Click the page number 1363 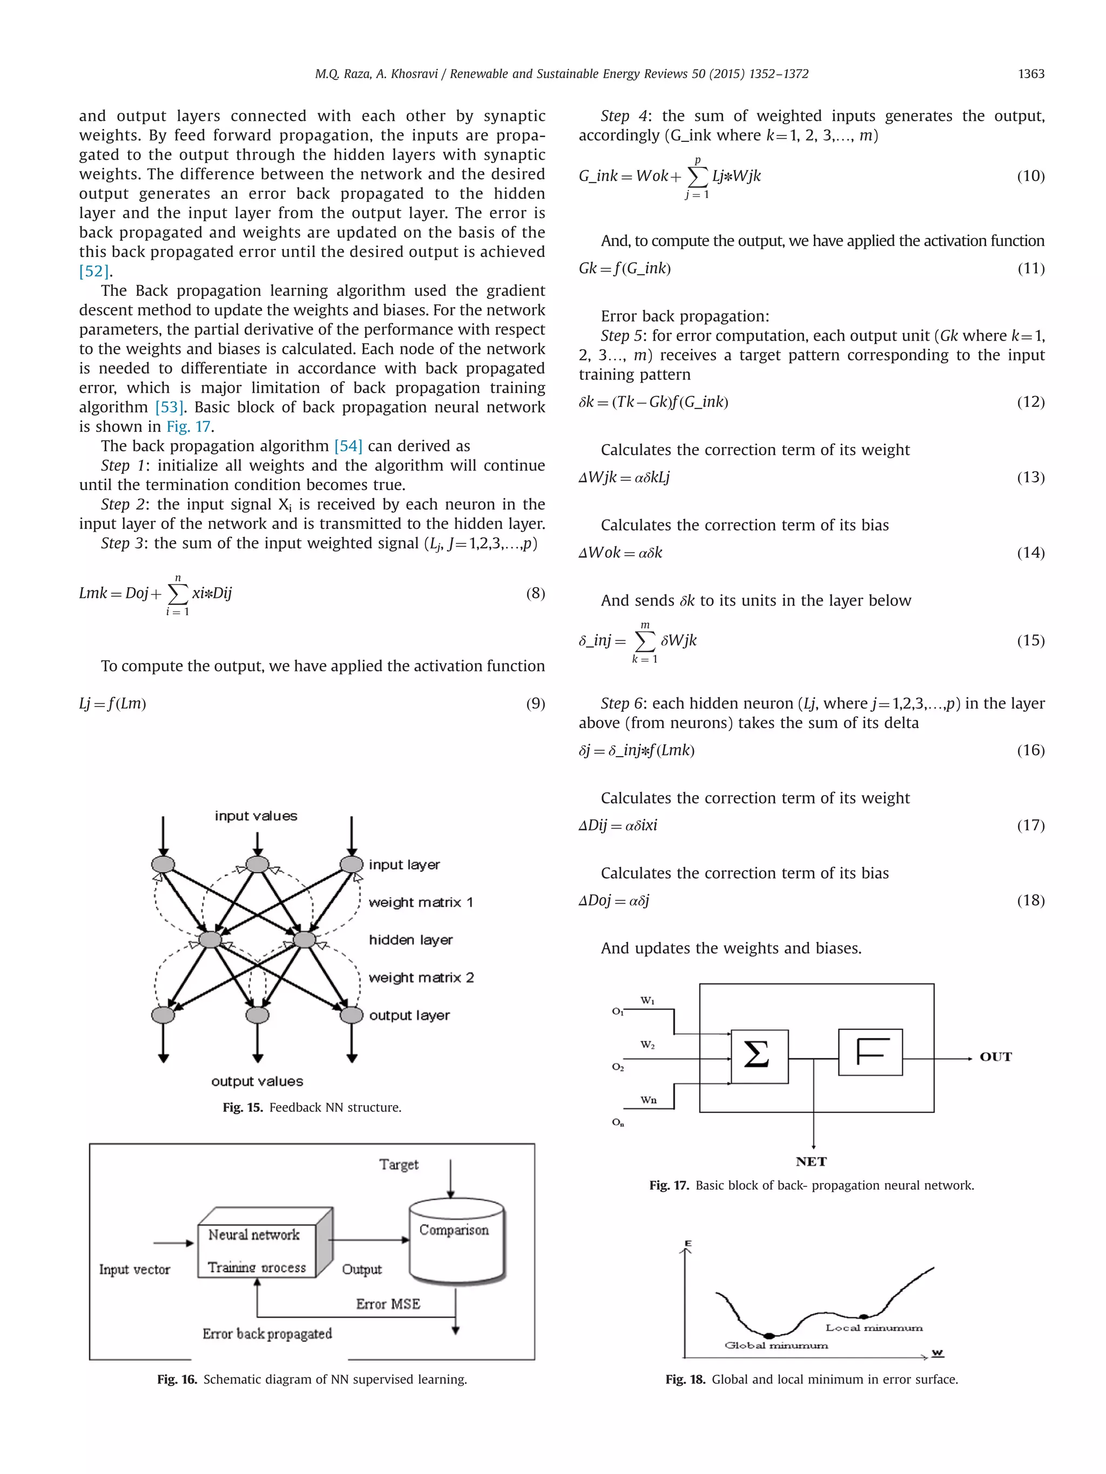point(1031,74)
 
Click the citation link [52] point(93,271)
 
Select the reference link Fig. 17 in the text point(188,426)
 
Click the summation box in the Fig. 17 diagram point(759,1057)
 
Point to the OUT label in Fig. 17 point(995,1057)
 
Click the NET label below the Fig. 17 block point(811,1161)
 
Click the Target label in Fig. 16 point(399,1164)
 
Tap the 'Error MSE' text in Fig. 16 point(388,1304)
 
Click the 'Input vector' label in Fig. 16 point(134,1269)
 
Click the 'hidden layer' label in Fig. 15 point(410,940)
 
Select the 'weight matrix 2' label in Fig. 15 point(421,977)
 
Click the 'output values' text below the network point(258,1082)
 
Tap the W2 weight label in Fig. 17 point(648,1045)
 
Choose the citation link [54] point(348,446)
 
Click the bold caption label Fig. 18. point(685,1380)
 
